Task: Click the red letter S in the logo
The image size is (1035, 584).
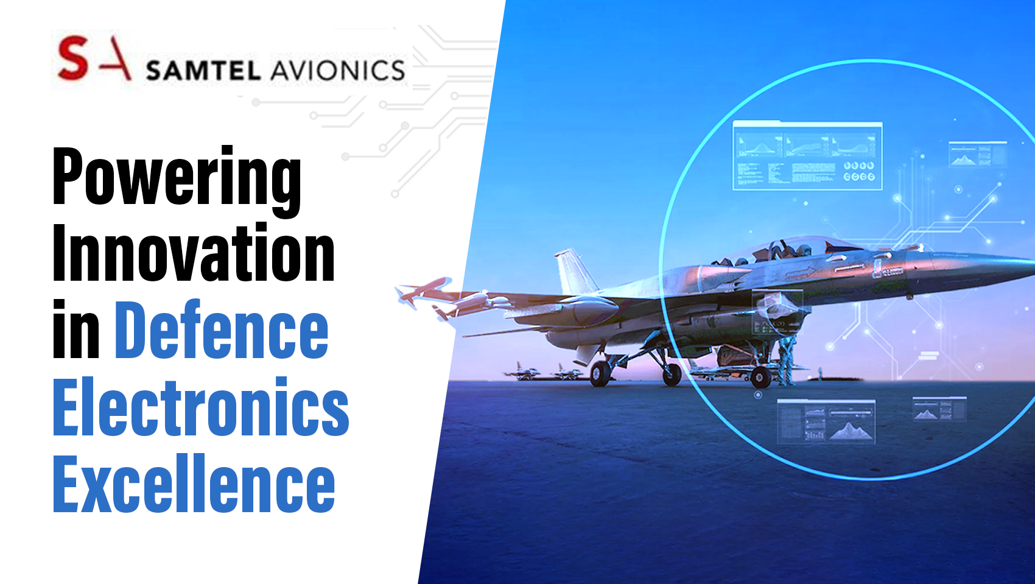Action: coord(73,58)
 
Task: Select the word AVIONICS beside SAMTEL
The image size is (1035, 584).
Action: coord(337,71)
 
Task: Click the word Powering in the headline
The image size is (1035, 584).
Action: coord(177,181)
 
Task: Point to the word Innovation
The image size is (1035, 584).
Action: coord(194,253)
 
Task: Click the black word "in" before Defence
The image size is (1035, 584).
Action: coord(76,328)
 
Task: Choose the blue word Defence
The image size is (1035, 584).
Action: coord(222,328)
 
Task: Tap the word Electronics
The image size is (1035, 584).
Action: coord(201,406)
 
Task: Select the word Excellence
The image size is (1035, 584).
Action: coord(194,483)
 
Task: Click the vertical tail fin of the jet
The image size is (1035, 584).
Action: coord(575,273)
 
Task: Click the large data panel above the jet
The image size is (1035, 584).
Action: coord(808,156)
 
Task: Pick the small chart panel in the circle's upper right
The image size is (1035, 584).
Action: coord(977,154)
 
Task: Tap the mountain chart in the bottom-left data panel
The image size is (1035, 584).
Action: coord(851,431)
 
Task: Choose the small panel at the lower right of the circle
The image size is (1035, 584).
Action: coord(939,409)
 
